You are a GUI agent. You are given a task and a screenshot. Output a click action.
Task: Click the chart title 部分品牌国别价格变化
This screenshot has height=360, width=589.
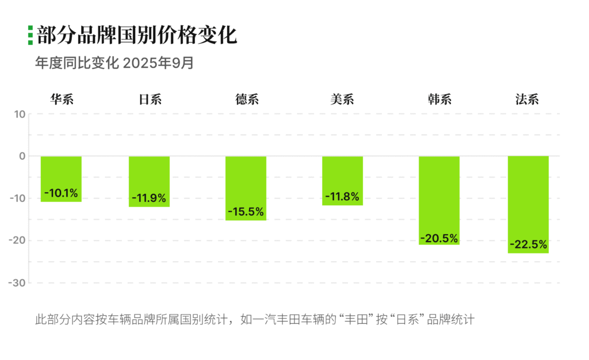tap(137, 36)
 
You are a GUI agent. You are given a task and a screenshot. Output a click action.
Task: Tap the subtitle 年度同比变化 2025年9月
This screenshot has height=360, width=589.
tap(114, 63)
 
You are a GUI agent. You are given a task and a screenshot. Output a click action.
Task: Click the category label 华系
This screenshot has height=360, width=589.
tap(62, 99)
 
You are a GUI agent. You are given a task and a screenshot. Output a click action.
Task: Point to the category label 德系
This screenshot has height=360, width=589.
tap(247, 99)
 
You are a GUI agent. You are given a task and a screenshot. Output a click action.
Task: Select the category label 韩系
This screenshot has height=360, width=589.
tap(440, 99)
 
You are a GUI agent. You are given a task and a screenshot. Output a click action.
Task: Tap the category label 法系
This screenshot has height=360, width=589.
tap(527, 99)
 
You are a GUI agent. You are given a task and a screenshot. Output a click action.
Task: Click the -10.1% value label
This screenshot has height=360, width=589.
tap(61, 193)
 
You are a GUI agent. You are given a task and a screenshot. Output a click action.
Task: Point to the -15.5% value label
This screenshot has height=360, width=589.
tap(246, 212)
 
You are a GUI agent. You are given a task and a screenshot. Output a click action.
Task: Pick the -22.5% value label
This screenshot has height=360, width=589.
tap(528, 244)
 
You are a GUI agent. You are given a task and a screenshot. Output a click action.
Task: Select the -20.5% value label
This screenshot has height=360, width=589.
tap(439, 238)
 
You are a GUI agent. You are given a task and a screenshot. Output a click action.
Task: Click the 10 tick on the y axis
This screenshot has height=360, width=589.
tap(20, 114)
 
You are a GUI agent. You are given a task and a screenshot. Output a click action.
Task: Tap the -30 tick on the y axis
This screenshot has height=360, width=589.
tap(17, 283)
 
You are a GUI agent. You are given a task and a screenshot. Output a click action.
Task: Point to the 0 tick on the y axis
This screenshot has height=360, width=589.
tap(22, 156)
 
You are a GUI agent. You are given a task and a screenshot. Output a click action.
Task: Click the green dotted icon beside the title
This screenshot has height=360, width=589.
tap(30, 36)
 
